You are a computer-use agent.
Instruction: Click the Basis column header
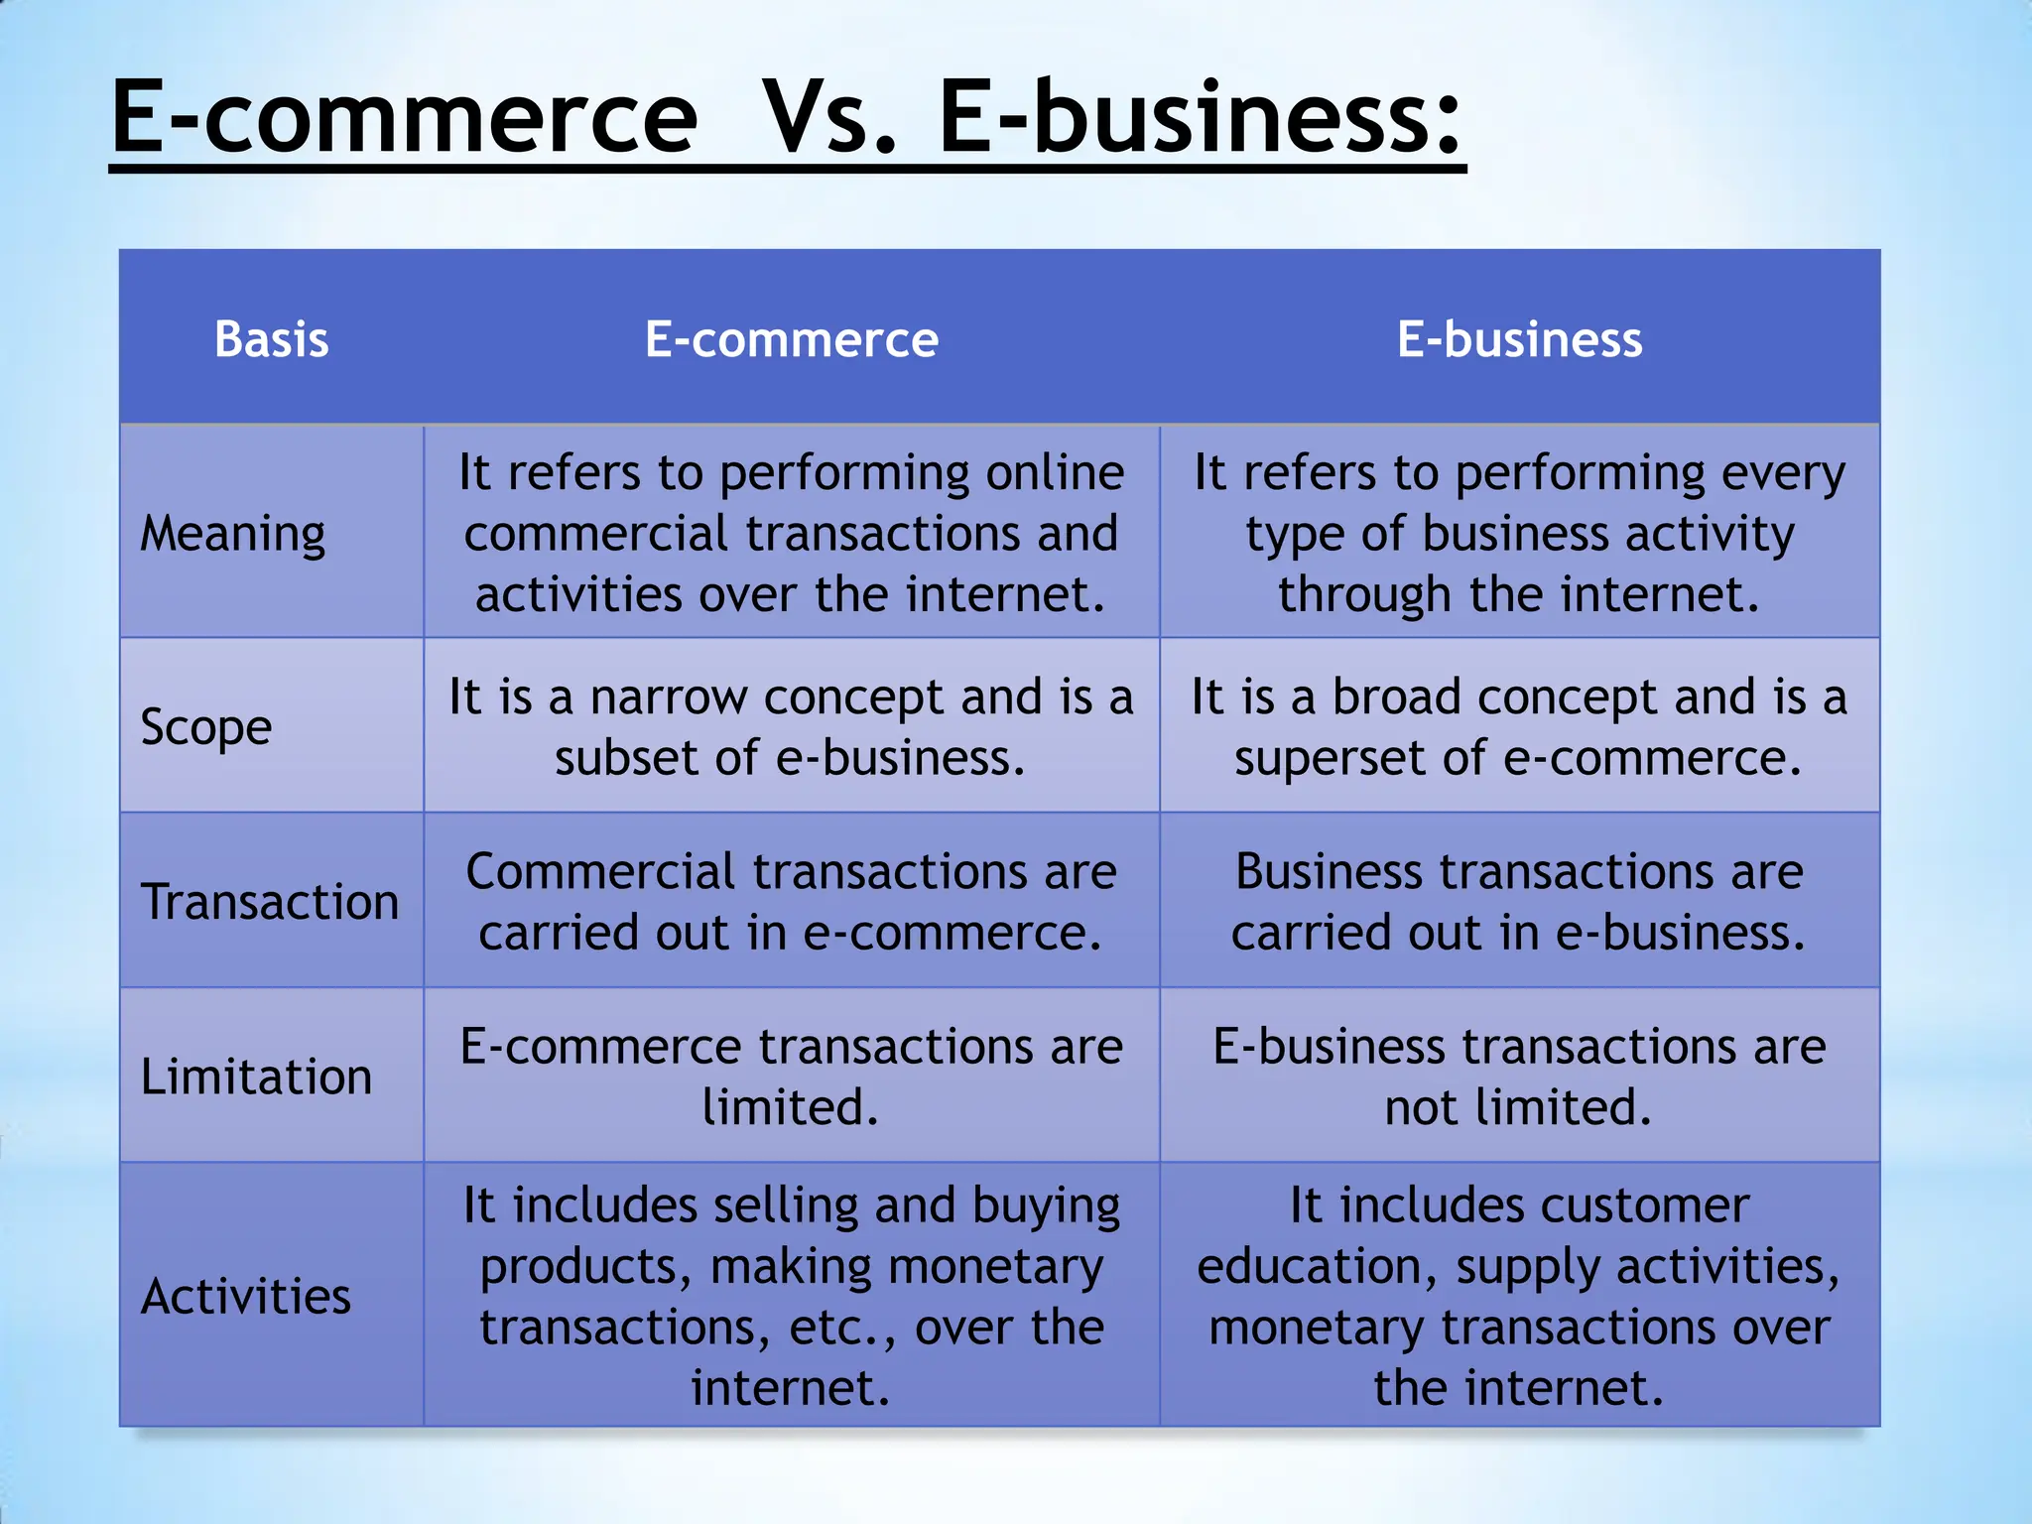(271, 339)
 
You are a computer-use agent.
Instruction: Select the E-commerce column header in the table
(791, 339)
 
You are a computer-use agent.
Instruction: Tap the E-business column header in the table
(1519, 339)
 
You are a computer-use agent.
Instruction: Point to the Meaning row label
(232, 534)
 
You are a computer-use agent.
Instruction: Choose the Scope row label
(205, 727)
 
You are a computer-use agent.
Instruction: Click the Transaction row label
(269, 902)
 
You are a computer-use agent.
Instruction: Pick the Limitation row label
(256, 1077)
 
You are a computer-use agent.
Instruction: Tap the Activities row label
(245, 1297)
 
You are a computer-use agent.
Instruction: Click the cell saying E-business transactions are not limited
(1519, 1077)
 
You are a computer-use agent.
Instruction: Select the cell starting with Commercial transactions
(791, 902)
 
